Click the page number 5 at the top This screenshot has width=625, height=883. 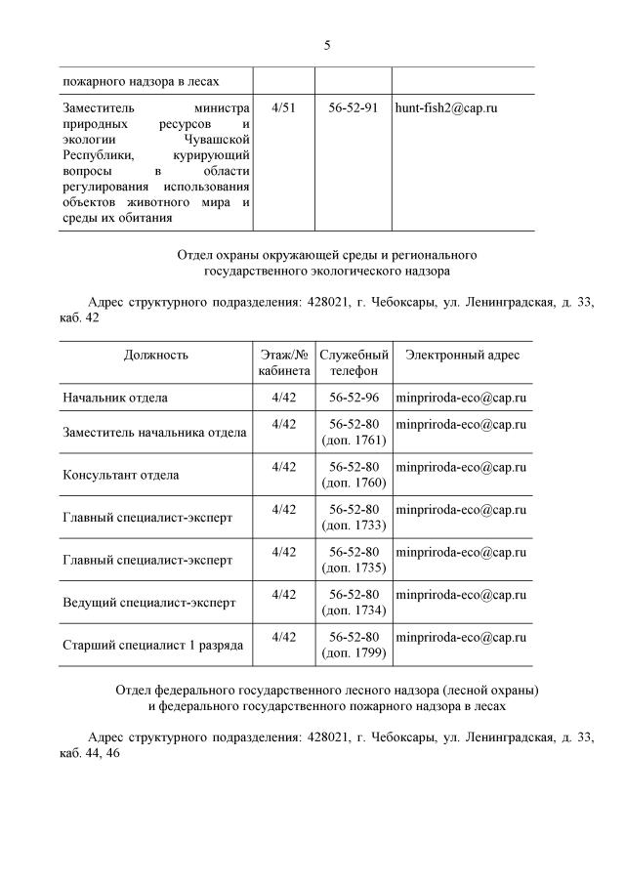tap(327, 45)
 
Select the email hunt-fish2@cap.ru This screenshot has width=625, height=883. tap(445, 107)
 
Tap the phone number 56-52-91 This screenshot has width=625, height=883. tap(354, 107)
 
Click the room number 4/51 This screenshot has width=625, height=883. tap(283, 107)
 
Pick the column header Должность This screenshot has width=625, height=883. tap(156, 356)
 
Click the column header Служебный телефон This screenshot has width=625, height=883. tap(354, 363)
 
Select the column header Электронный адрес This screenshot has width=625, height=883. tap(463, 356)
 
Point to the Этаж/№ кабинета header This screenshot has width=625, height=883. tap(284, 363)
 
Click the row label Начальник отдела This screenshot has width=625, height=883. tap(115, 399)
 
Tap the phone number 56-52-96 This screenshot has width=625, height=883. tap(354, 399)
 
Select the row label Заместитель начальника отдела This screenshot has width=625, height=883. tap(154, 433)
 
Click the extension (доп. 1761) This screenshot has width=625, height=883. tap(354, 441)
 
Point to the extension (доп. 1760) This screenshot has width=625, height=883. tap(354, 484)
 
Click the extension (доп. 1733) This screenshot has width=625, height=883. tap(354, 526)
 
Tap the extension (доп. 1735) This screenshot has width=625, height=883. tap(354, 568)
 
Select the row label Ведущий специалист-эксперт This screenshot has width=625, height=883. tap(148, 603)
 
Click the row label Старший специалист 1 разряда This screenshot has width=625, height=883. tap(152, 646)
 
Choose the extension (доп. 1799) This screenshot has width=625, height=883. tap(354, 653)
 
